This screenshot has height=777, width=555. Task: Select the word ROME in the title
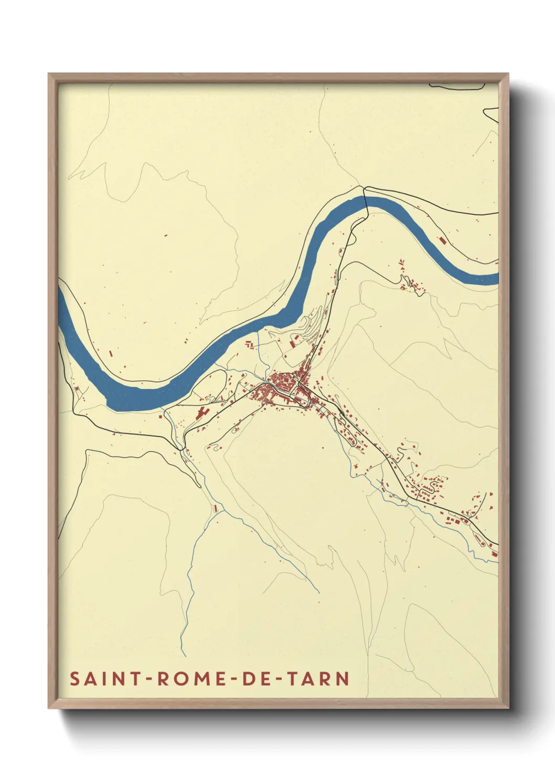pyautogui.click(x=190, y=678)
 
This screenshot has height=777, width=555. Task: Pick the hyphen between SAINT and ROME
pyautogui.click(x=150, y=679)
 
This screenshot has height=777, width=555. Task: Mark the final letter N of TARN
pyautogui.click(x=343, y=678)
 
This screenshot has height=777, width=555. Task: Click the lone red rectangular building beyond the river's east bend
pyautogui.click(x=442, y=240)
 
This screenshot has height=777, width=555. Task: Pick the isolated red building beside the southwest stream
pyautogui.click(x=216, y=508)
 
